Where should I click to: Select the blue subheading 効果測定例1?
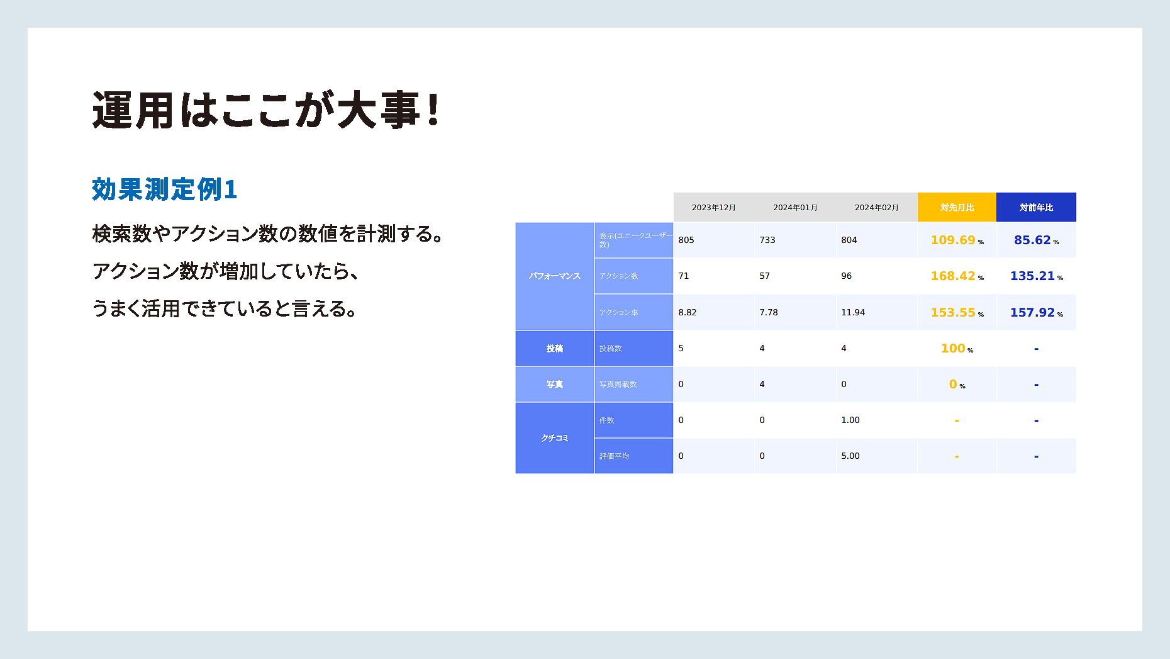[164, 189]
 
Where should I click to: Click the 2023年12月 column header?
[714, 207]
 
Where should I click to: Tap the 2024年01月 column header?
[795, 207]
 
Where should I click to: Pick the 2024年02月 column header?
[876, 207]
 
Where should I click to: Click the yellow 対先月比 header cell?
[957, 207]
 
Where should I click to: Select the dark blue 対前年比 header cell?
[1036, 207]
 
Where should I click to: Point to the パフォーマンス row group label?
[555, 276]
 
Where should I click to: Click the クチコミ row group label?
[555, 437]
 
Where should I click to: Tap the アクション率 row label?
[618, 312]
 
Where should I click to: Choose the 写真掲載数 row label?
[618, 384]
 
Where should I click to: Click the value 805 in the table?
[686, 240]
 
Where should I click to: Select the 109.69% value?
[957, 240]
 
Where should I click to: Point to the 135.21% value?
[1036, 276]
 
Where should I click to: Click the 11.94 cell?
[853, 312]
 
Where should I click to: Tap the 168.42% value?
[957, 276]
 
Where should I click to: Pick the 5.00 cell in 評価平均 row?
[850, 456]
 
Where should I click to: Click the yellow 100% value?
[957, 348]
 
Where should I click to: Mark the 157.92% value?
[1036, 312]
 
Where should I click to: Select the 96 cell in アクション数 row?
[847, 276]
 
